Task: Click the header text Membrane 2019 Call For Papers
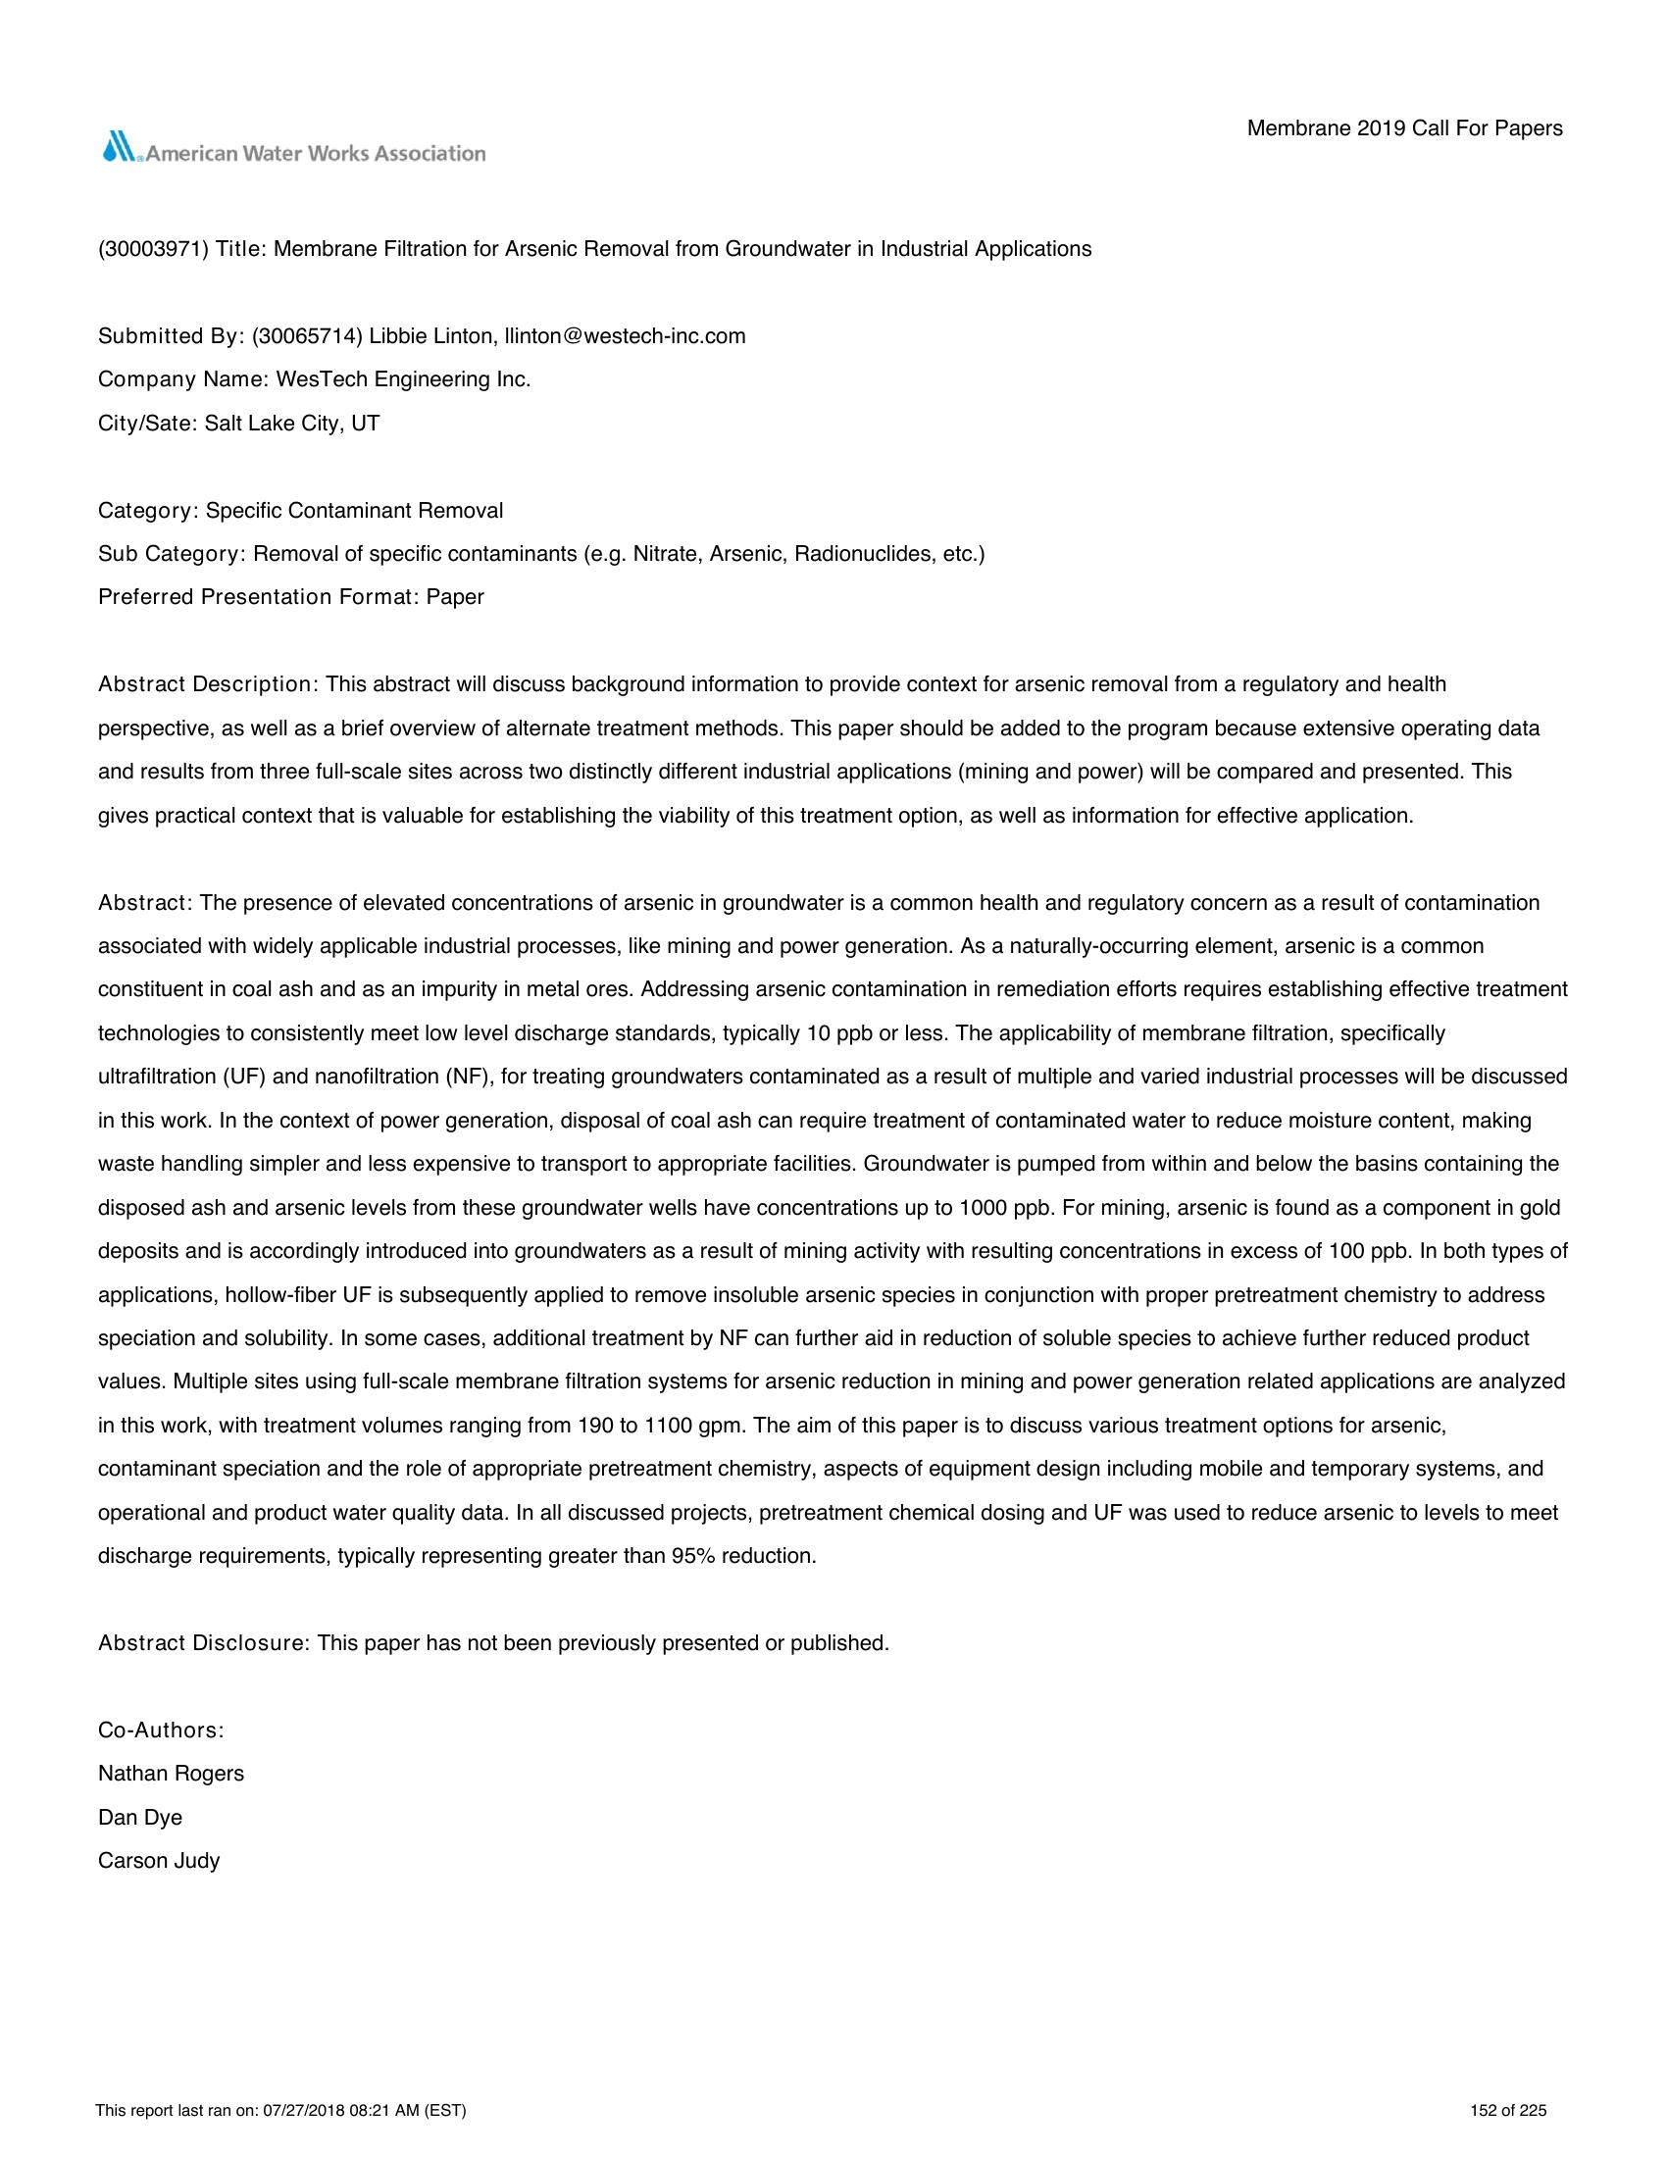click(1404, 128)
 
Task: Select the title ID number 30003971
click(153, 249)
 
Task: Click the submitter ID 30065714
click(307, 335)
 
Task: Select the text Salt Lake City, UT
click(292, 424)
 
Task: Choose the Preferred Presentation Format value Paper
click(455, 597)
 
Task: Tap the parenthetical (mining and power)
click(1050, 772)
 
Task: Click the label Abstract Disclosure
click(203, 1643)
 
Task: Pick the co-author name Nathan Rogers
click(171, 1774)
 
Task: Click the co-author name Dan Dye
click(140, 1817)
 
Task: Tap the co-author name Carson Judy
click(159, 1861)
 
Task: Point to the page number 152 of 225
click(1508, 2112)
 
